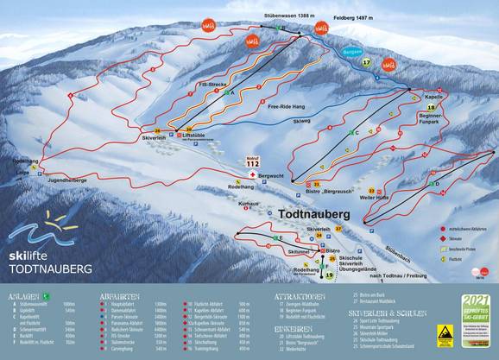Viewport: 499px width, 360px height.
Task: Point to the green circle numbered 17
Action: tap(366, 62)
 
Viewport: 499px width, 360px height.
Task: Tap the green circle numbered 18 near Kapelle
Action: tap(430, 107)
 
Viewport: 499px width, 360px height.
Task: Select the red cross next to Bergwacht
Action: tap(252, 175)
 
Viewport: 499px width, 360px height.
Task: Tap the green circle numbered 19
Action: tap(328, 275)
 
